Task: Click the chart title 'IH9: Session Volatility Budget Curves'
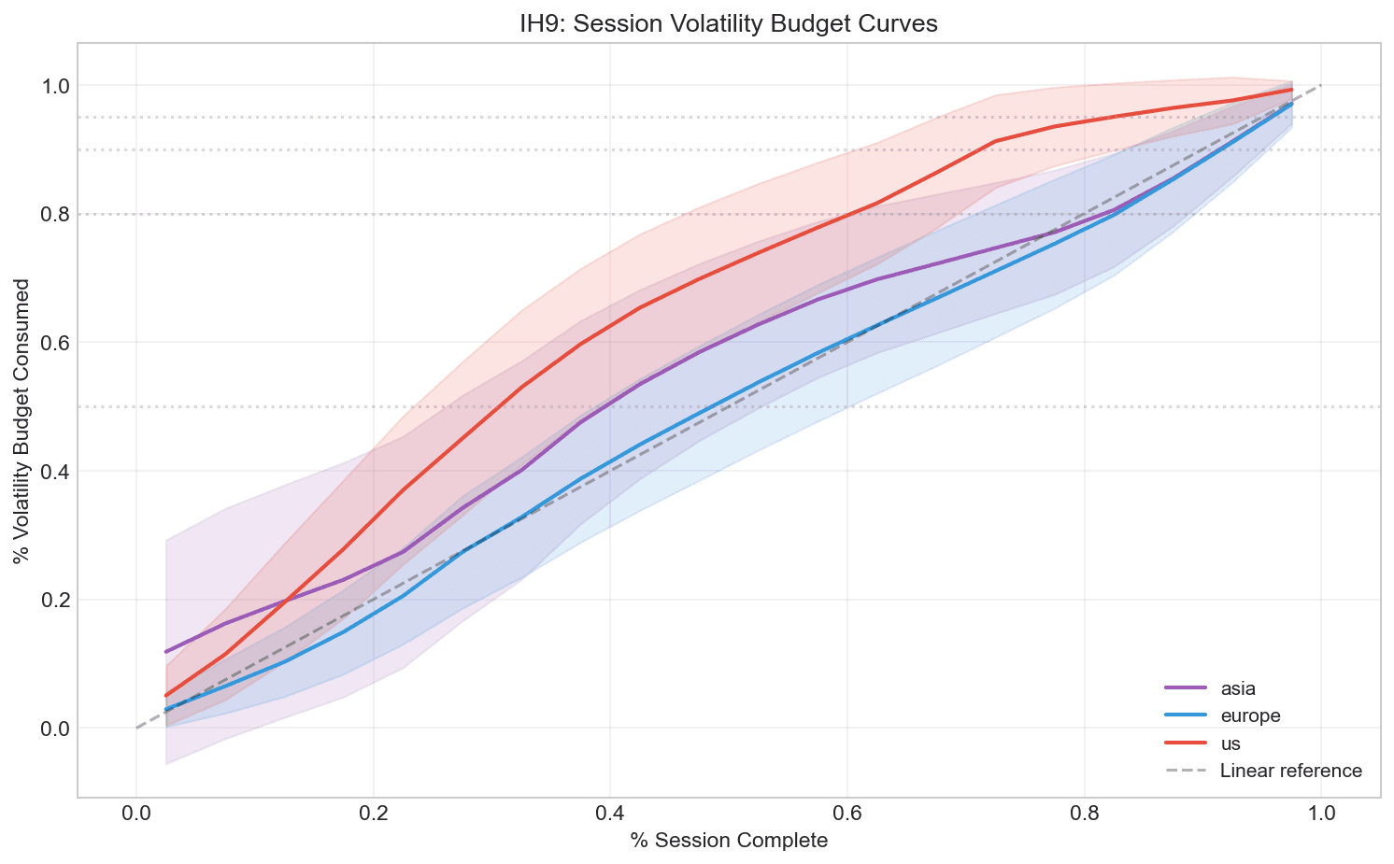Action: [x=729, y=25]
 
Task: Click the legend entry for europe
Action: [x=1250, y=715]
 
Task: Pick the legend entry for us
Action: [x=1230, y=744]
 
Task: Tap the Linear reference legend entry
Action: [x=1290, y=771]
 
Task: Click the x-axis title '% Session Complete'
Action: [x=729, y=841]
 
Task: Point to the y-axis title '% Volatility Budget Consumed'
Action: [x=21, y=420]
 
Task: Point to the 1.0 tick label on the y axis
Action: [x=57, y=86]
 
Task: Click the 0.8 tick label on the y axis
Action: [x=57, y=214]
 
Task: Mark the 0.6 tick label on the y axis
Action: [x=57, y=343]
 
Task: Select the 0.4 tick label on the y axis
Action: [x=57, y=471]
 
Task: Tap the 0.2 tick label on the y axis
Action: [x=57, y=600]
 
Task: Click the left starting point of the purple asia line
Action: [x=166, y=651]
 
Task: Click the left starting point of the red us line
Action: [x=166, y=695]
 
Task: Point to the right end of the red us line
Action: [x=1291, y=90]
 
